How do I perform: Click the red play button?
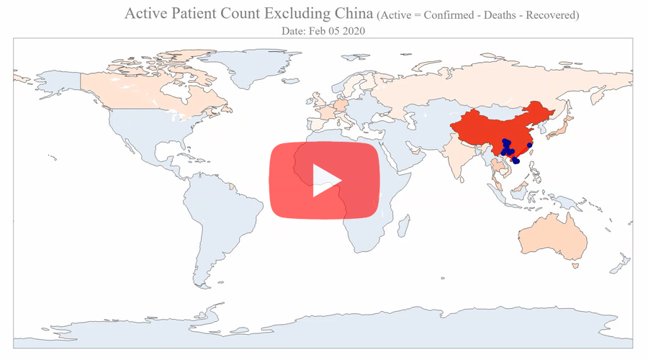[324, 179]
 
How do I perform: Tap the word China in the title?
[352, 14]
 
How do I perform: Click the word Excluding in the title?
[298, 14]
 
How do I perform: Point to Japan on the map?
[564, 130]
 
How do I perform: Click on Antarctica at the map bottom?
[324, 328]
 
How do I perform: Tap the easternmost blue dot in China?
[530, 145]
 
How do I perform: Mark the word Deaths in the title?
[490, 15]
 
